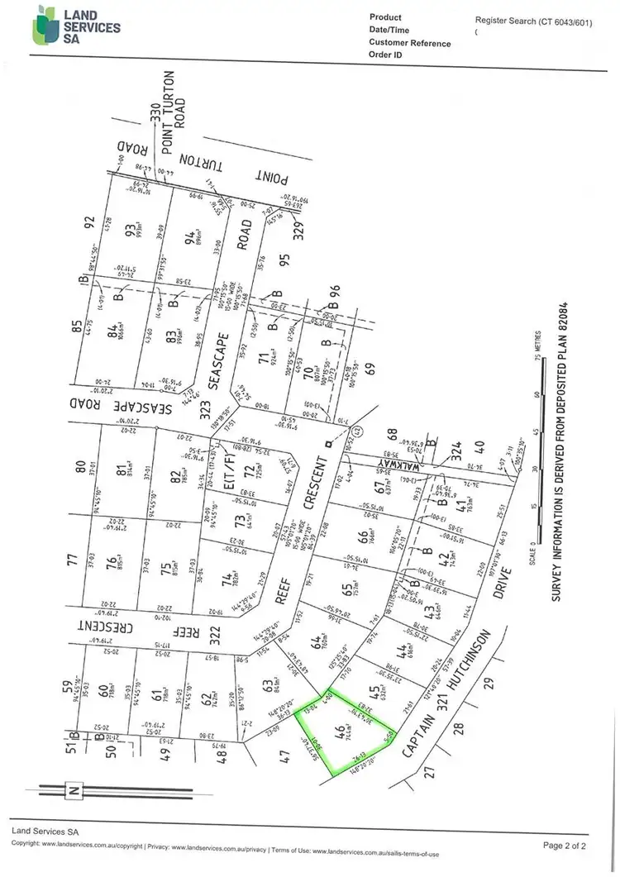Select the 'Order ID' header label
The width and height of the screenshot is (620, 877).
pyautogui.click(x=385, y=55)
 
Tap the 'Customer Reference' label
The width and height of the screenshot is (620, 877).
pyautogui.click(x=411, y=43)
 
